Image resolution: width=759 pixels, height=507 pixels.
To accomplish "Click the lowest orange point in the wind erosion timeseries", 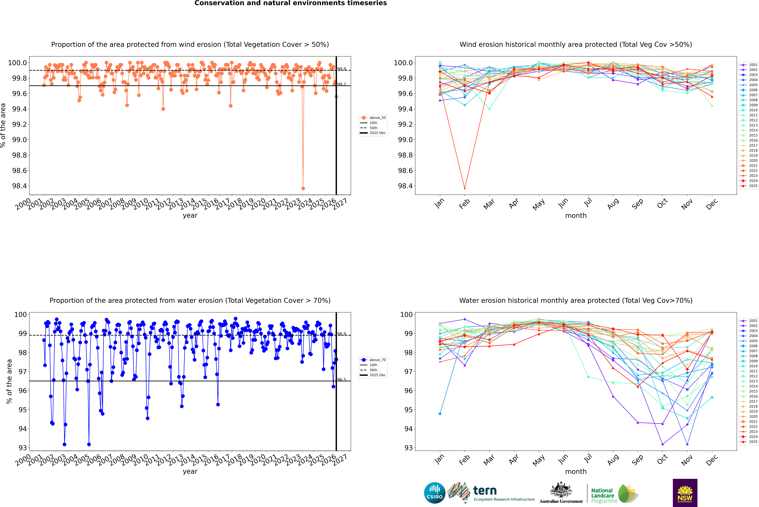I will (303, 188).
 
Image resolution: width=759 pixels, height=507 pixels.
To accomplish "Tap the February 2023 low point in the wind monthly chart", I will (465, 188).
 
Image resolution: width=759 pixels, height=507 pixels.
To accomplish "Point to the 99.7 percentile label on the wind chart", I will (342, 84).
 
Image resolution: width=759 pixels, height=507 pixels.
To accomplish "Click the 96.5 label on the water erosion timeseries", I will (342, 380).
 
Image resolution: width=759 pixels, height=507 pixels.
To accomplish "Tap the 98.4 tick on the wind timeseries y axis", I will (19, 186).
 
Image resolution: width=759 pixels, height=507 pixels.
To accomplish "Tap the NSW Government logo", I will (685, 493).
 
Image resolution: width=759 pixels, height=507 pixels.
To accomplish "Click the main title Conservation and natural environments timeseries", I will (290, 3).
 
